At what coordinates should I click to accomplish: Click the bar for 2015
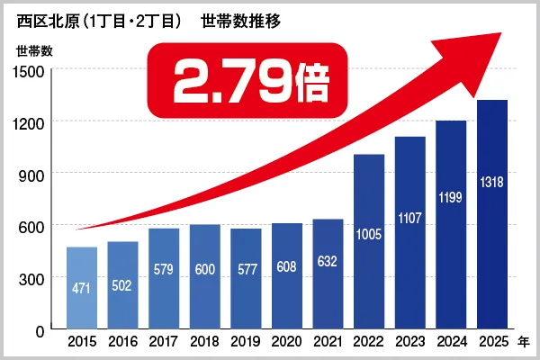click(x=82, y=288)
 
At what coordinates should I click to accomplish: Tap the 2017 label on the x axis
click(x=164, y=342)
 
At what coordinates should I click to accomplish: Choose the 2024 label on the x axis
click(x=451, y=342)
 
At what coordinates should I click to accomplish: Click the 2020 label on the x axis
click(x=287, y=342)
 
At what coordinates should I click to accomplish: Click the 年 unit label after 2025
click(x=523, y=342)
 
